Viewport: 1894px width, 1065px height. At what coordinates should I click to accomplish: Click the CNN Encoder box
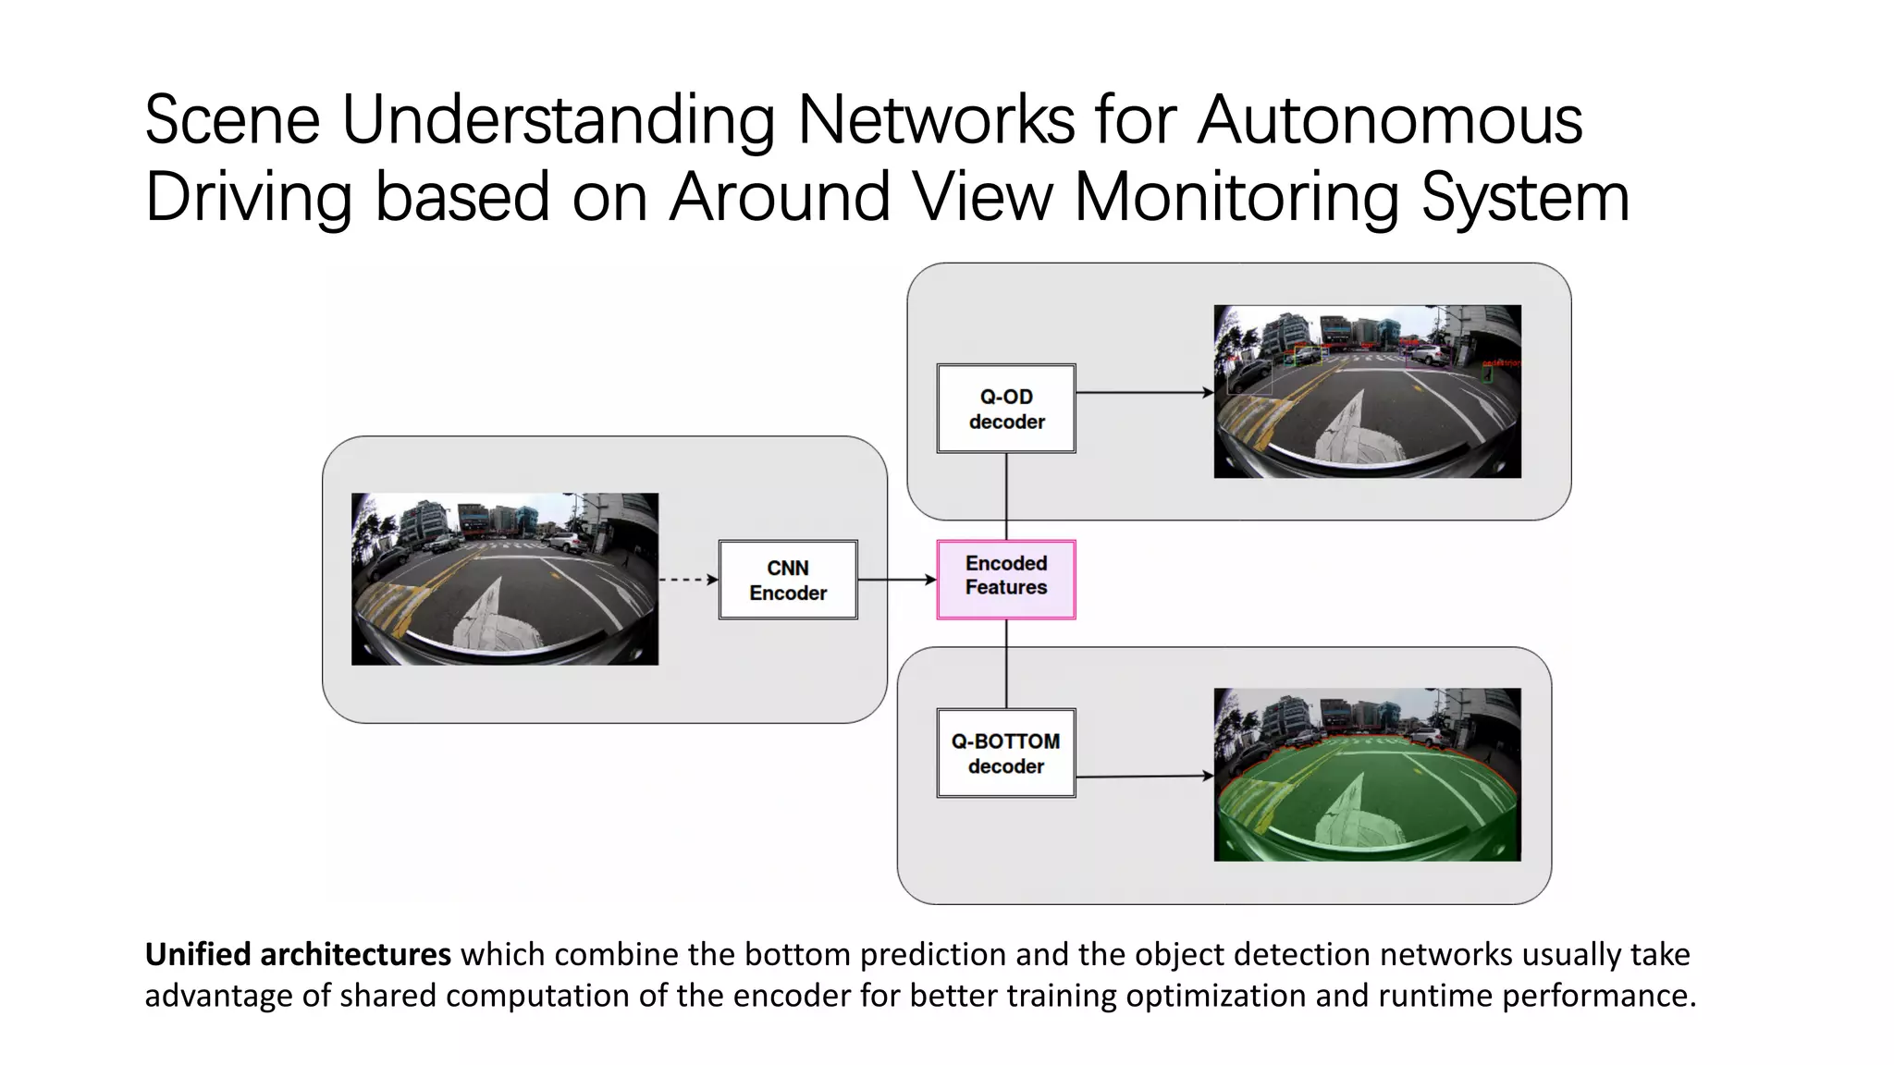(788, 580)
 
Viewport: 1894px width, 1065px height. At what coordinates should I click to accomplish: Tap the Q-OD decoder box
(1006, 408)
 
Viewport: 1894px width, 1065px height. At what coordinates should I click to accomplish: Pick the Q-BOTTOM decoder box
(1006, 753)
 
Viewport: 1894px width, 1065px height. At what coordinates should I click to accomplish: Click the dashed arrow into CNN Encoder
(688, 580)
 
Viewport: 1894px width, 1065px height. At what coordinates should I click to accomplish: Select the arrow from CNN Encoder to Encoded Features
(896, 580)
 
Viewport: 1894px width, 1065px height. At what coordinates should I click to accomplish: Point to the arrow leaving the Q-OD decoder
(1144, 393)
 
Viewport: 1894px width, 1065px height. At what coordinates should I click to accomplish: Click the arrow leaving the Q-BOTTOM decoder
(1144, 777)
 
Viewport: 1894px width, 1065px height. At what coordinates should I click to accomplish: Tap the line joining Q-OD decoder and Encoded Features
(1006, 496)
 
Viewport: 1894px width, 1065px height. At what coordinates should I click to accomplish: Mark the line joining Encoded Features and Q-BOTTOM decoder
(1006, 663)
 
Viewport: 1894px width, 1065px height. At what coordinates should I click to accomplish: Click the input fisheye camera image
(505, 579)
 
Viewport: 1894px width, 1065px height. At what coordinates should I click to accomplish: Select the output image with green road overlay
(1367, 775)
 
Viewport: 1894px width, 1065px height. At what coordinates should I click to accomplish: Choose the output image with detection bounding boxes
(1367, 391)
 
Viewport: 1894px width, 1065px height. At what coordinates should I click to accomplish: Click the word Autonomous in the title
(1389, 120)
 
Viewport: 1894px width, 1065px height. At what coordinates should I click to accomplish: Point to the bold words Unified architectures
(298, 954)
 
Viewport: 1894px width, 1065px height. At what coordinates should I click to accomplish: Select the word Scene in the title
(232, 120)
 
